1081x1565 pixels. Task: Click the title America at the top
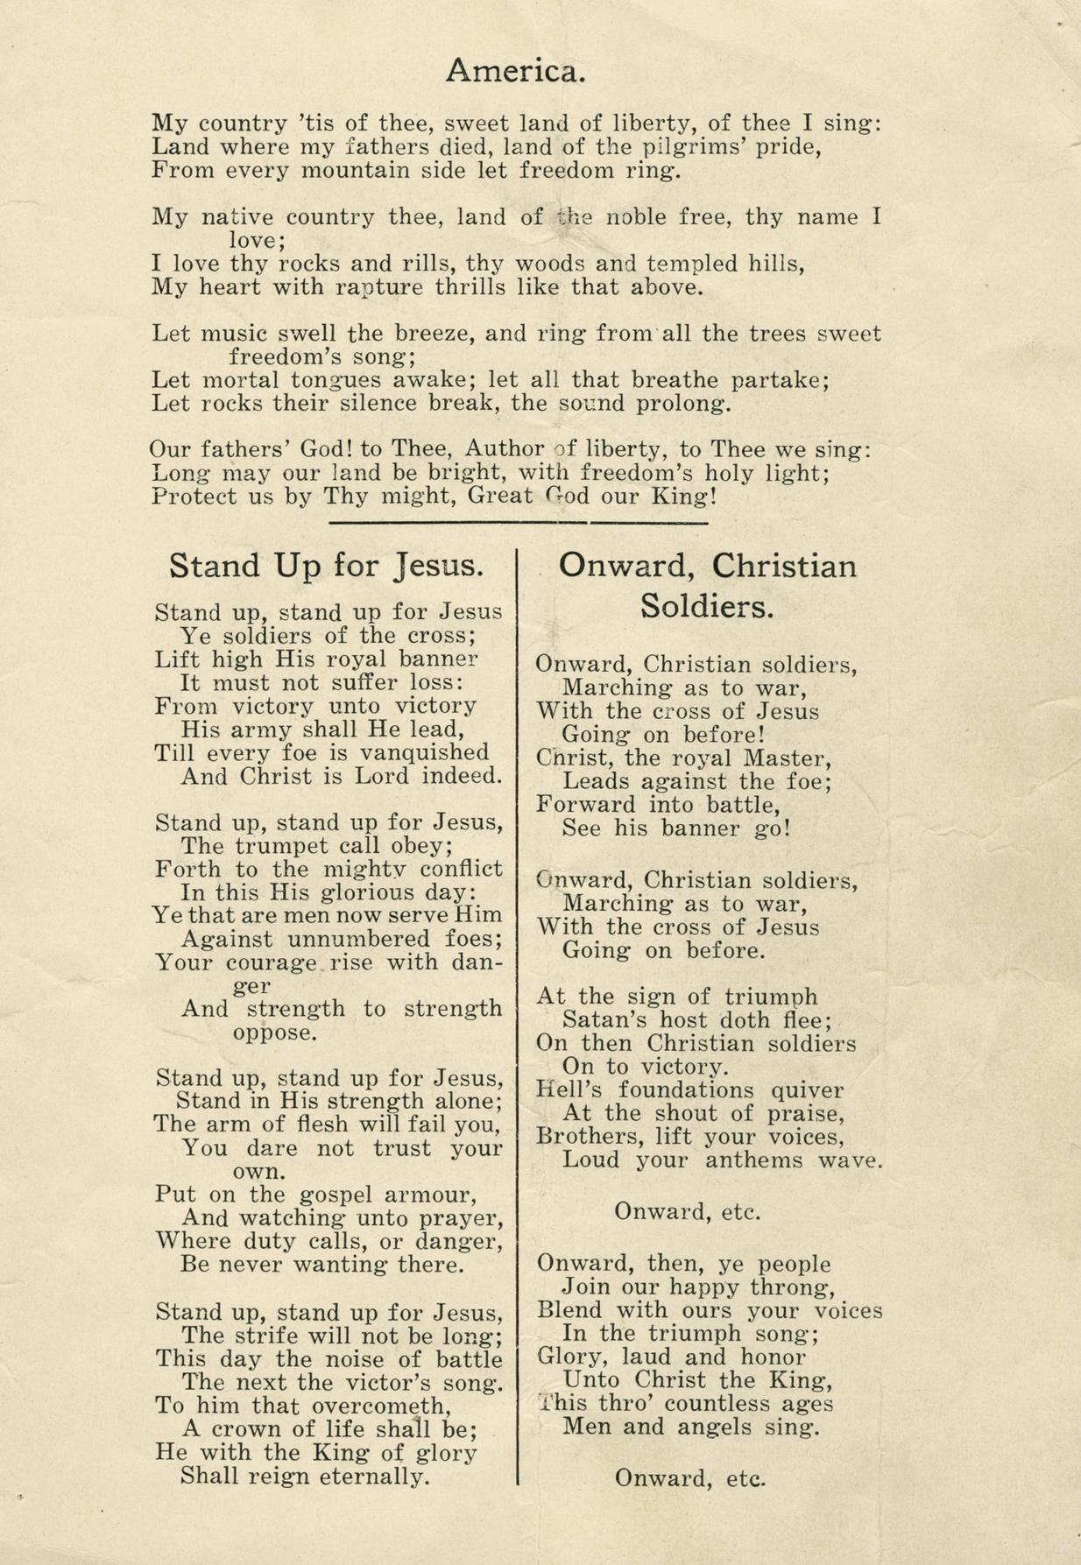(x=514, y=69)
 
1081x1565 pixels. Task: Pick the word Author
(x=504, y=449)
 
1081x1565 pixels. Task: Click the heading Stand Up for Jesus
(x=326, y=566)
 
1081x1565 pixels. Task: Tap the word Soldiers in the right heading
(x=706, y=606)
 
